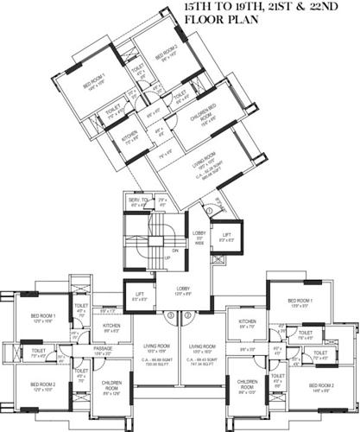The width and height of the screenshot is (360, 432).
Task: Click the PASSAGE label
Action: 104,348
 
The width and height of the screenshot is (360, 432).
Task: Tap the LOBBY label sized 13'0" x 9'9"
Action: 182,290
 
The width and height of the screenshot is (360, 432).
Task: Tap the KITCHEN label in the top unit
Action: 129,136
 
